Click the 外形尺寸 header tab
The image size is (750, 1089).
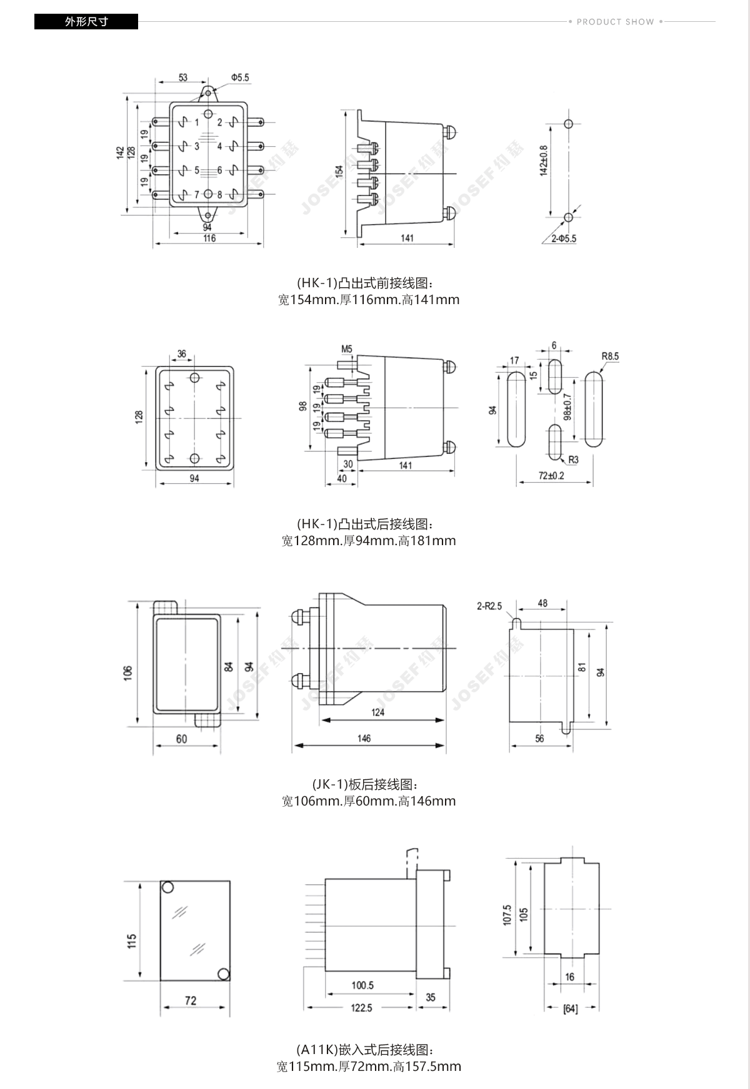pyautogui.click(x=86, y=22)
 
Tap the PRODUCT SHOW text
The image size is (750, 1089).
pyautogui.click(x=615, y=22)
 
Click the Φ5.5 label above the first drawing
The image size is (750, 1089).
pyautogui.click(x=239, y=77)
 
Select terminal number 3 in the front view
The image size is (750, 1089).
pyautogui.click(x=196, y=146)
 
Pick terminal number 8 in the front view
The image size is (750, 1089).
pyautogui.click(x=220, y=195)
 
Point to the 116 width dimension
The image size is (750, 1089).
pyautogui.click(x=209, y=239)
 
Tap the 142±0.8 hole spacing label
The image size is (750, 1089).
pyautogui.click(x=543, y=160)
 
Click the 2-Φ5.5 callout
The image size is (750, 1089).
pyautogui.click(x=563, y=239)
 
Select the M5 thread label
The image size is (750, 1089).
pyautogui.click(x=347, y=349)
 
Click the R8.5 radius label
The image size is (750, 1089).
pyautogui.click(x=610, y=357)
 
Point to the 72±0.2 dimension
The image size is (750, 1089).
pyautogui.click(x=551, y=476)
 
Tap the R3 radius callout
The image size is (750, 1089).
pyautogui.click(x=573, y=460)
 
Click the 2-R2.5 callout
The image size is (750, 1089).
pyautogui.click(x=489, y=606)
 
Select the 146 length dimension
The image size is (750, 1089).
pyautogui.click(x=364, y=738)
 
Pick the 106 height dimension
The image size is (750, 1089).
pyautogui.click(x=128, y=673)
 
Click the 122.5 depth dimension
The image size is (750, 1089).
pyautogui.click(x=361, y=1008)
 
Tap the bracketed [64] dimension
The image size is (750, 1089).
pyautogui.click(x=570, y=1008)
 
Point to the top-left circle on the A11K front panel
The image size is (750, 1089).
pyautogui.click(x=167, y=887)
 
